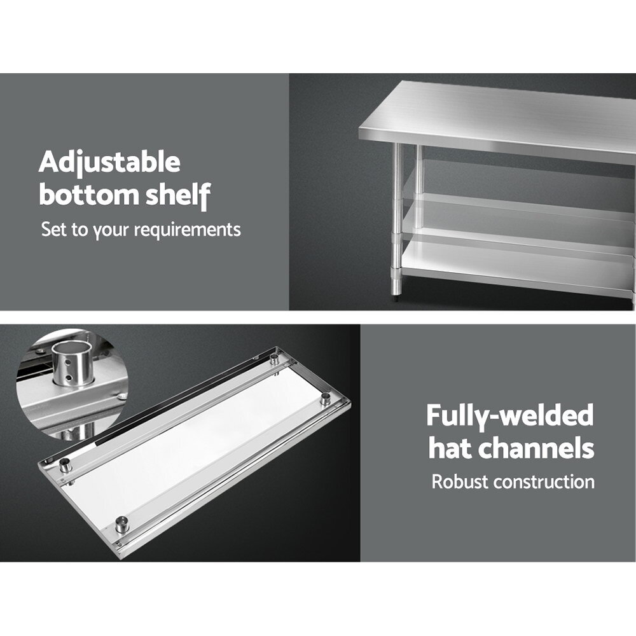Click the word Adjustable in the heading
point(109,163)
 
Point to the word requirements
point(188,230)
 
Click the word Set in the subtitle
point(54,229)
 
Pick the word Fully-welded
point(510,417)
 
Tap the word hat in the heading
point(450,448)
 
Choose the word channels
point(536,448)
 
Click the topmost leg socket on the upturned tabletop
point(275,359)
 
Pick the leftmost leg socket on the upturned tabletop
point(66,466)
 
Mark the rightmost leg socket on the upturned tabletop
point(325,399)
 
